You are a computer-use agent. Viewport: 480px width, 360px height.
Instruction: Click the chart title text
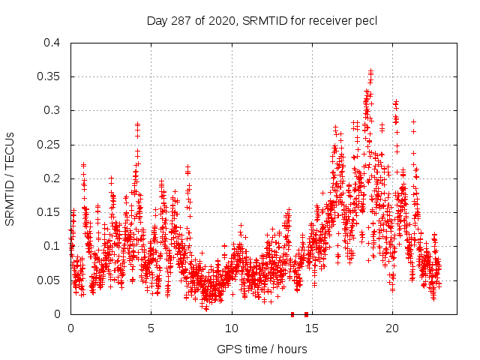click(x=261, y=20)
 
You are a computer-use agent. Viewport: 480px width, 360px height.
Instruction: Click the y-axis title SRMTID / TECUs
click(x=10, y=178)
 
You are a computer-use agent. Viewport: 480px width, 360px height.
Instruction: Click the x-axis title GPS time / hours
click(x=262, y=349)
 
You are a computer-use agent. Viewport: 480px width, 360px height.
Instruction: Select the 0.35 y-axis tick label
click(x=49, y=76)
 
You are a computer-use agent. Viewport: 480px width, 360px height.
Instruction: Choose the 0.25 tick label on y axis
click(x=49, y=145)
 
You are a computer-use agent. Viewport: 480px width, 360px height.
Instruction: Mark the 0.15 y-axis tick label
click(x=49, y=212)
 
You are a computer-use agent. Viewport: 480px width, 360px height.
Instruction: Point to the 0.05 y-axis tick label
click(x=49, y=280)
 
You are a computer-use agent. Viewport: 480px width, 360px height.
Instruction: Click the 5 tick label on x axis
click(x=151, y=328)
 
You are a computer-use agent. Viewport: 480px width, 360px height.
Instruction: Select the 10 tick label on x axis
click(x=232, y=328)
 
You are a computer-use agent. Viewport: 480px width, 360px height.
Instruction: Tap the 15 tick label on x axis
click(x=312, y=328)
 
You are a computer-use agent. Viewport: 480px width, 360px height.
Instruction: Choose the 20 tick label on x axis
click(x=392, y=328)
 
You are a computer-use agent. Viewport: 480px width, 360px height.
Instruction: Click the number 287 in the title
click(x=179, y=20)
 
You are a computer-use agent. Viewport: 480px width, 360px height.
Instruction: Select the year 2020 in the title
click(x=218, y=20)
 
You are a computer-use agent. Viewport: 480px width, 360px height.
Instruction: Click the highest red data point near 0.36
click(x=370, y=71)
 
